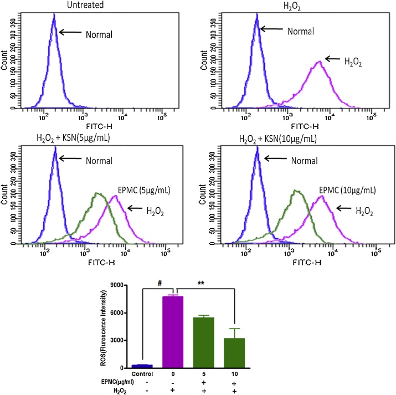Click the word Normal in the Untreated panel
(x=99, y=35)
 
